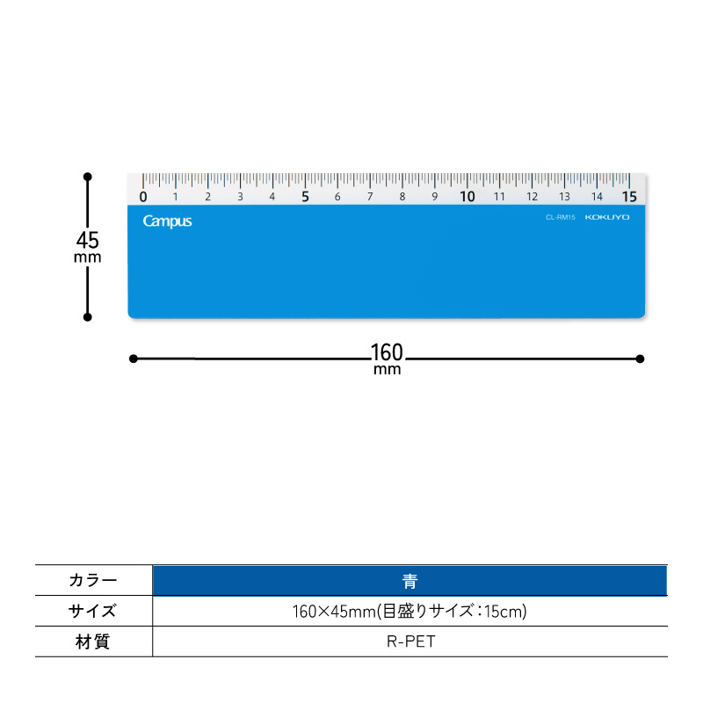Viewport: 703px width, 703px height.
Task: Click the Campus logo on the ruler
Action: (x=167, y=221)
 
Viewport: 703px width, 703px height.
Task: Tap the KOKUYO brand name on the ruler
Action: (x=607, y=217)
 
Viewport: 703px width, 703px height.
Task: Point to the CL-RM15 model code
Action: (x=561, y=217)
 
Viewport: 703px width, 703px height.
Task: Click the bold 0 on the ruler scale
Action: (x=143, y=196)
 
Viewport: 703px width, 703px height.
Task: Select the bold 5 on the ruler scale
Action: (x=305, y=196)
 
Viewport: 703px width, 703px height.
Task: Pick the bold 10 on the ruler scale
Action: (x=467, y=196)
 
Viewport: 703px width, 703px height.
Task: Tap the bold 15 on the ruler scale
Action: (x=629, y=196)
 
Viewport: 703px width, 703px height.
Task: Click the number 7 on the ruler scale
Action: (x=370, y=196)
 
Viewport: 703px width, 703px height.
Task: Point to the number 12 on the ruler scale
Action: (x=532, y=196)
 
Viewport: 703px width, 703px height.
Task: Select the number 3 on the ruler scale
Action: (x=240, y=196)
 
